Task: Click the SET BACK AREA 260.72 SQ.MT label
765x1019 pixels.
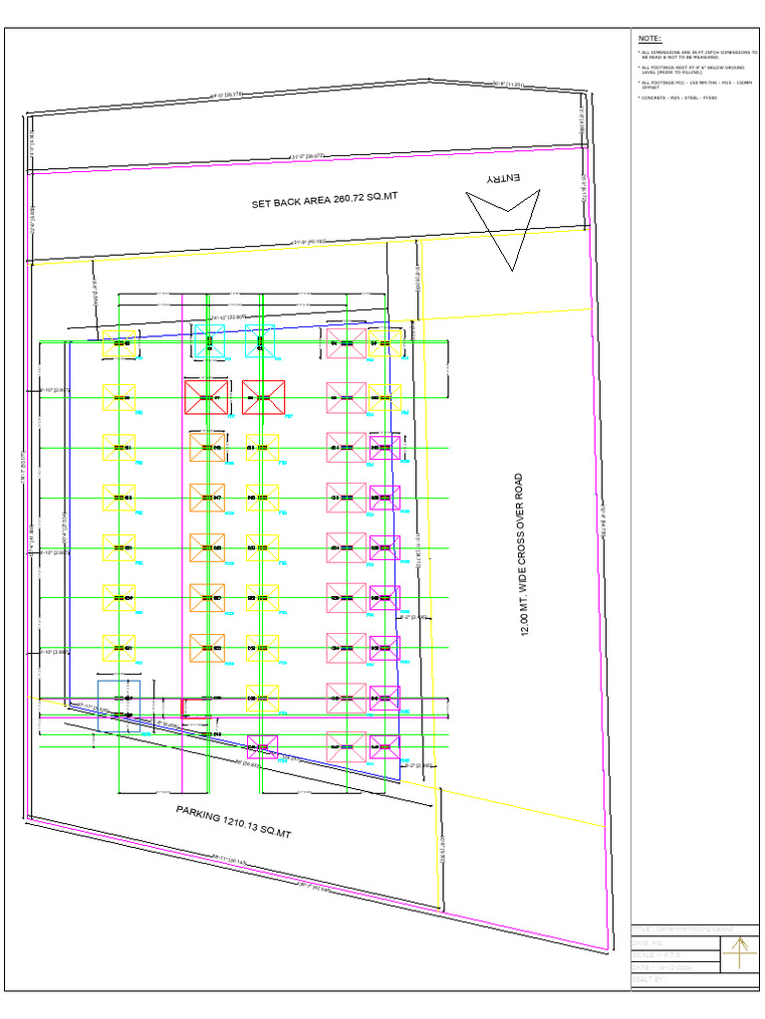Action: pos(324,200)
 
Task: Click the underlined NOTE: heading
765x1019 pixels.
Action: pos(649,37)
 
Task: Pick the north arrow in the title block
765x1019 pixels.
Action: pos(739,955)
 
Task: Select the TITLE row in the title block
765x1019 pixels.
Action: pos(677,929)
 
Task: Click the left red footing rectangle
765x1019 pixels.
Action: pos(206,397)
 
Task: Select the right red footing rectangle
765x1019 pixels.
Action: pos(264,397)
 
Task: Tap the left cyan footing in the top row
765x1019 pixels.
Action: pos(209,340)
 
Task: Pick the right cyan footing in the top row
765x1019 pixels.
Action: pos(259,340)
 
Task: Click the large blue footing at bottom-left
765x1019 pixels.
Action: pos(119,700)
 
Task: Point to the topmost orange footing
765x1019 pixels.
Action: pos(207,448)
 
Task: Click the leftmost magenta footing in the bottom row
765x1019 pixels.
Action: pos(263,747)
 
